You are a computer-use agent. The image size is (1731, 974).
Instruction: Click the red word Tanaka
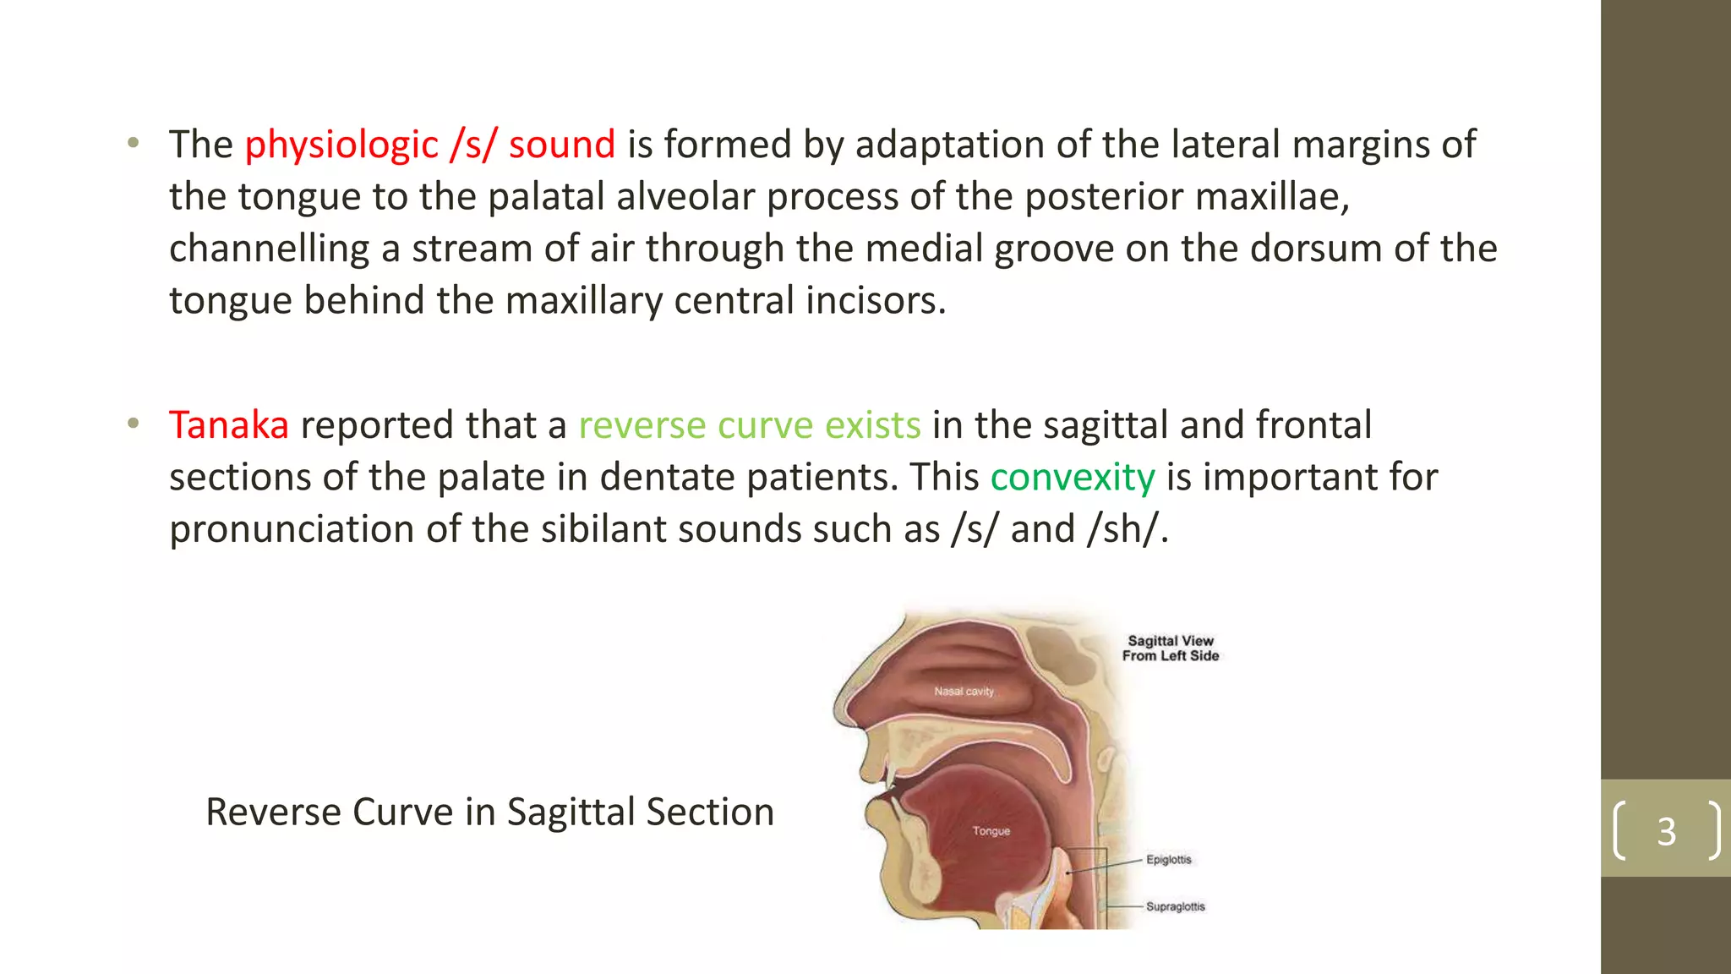point(228,424)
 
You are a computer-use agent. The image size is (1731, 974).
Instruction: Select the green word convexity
point(1072,477)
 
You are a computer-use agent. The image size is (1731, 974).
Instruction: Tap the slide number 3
point(1666,831)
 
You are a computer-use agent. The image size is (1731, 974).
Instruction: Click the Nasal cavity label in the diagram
point(964,692)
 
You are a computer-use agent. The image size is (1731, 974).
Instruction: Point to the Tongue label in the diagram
point(991,831)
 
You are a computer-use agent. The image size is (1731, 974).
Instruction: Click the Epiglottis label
point(1168,860)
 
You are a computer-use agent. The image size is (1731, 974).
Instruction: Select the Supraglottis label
point(1175,906)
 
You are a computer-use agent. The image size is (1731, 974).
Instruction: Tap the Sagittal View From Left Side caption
point(1171,648)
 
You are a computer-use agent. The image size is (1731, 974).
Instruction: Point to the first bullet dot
point(133,143)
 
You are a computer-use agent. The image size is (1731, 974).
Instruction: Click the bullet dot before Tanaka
point(133,424)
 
